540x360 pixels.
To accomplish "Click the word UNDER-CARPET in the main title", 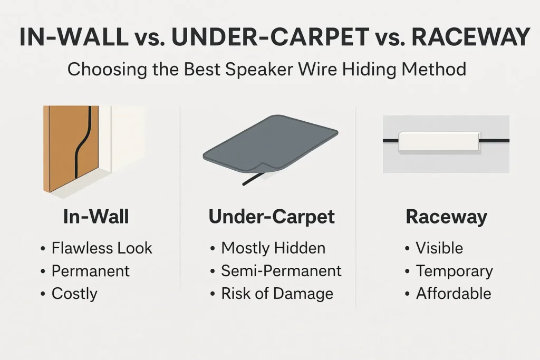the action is [271, 37].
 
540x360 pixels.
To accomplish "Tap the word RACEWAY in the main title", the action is [471, 37].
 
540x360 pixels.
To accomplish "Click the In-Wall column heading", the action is [96, 217].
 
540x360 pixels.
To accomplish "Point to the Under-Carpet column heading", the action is [272, 217].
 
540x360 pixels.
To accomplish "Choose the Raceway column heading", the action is [446, 217].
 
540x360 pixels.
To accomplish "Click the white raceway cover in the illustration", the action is [439, 141].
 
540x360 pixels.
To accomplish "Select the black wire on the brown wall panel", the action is [83, 142].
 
